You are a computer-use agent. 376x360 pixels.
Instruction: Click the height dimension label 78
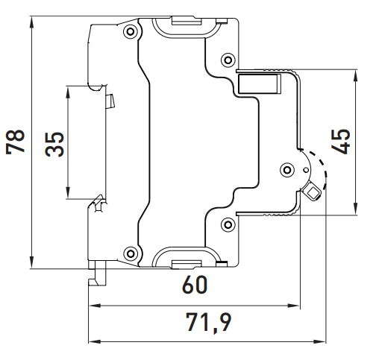pos(16,140)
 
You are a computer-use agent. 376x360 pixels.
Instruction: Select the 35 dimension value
pos(54,143)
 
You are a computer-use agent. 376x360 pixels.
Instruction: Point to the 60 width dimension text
pos(192,285)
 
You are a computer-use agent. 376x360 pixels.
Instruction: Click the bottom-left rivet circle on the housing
pos(131,253)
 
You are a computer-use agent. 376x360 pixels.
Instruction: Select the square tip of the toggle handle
pos(313,194)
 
